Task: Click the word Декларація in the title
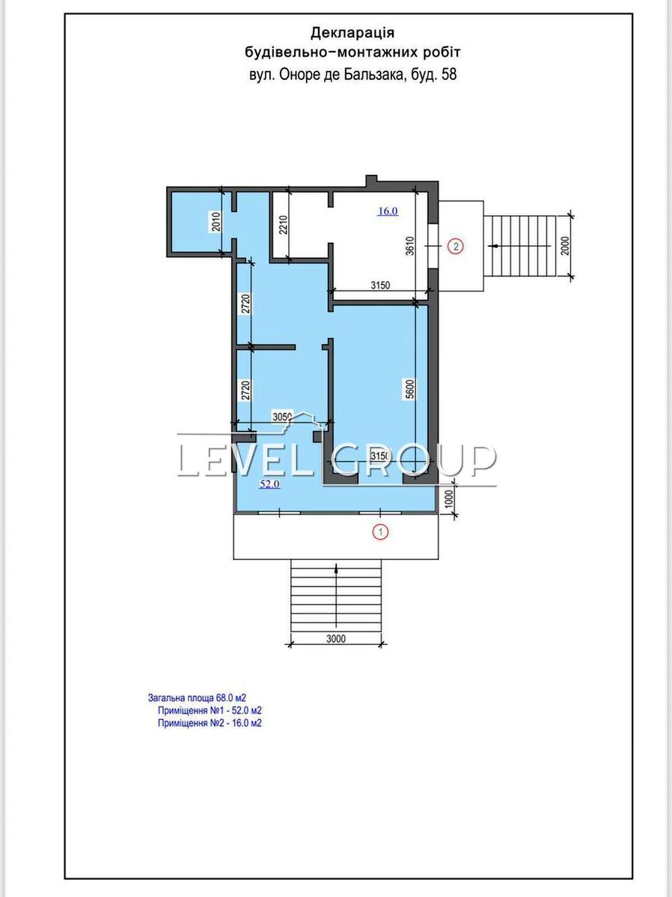click(x=352, y=33)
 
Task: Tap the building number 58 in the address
click(x=449, y=75)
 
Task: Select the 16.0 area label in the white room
click(x=388, y=212)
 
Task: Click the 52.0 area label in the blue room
click(x=269, y=484)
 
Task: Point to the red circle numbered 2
click(x=456, y=247)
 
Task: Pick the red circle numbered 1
click(x=381, y=532)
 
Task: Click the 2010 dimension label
click(x=217, y=221)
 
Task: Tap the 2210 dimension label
click(x=283, y=225)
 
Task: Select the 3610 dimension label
click(x=410, y=246)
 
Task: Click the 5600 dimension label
click(x=410, y=389)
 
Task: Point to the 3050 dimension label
click(x=282, y=417)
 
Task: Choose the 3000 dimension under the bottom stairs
click(x=336, y=638)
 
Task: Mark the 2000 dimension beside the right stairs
click(x=565, y=246)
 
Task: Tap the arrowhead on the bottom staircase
click(x=336, y=567)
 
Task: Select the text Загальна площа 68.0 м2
click(x=197, y=697)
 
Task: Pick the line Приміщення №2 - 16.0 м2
click(x=210, y=723)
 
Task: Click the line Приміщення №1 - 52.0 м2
click(x=210, y=710)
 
